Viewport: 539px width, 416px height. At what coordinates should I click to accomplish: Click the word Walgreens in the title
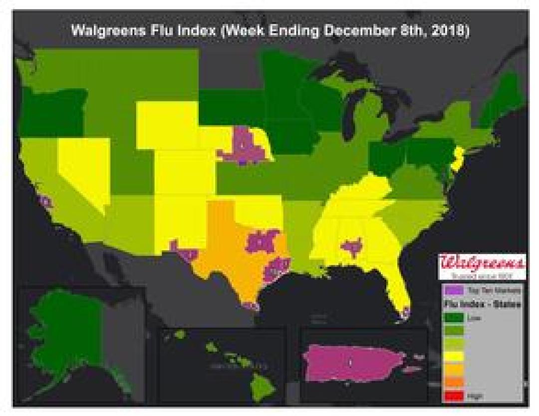pos(102,31)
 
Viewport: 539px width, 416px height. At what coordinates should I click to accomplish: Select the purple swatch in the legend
pos(452,290)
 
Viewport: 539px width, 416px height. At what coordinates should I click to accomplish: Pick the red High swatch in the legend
pos(452,396)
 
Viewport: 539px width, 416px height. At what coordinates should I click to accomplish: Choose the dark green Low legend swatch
pos(452,317)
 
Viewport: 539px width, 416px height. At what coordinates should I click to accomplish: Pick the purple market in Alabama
pos(352,246)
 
